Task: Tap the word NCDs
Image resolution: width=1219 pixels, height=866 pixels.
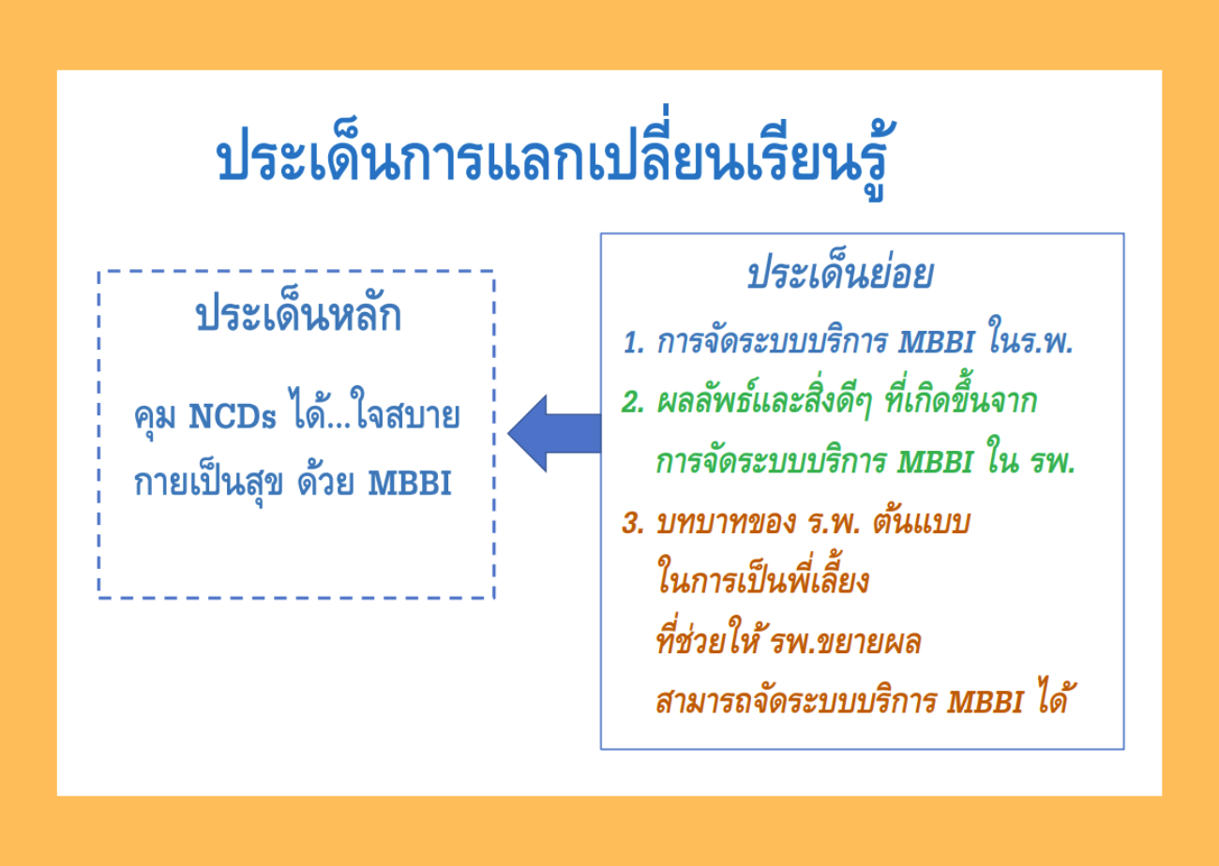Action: pos(233,417)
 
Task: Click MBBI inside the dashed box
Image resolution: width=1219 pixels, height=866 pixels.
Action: pos(410,483)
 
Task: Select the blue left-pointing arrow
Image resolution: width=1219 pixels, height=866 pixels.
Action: pos(554,433)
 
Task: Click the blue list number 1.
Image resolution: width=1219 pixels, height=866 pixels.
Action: pos(633,343)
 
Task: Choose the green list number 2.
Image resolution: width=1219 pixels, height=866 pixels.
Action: pos(633,402)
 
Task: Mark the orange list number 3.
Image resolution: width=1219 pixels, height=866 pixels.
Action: pos(633,523)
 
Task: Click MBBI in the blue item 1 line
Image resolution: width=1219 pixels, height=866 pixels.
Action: pos(936,342)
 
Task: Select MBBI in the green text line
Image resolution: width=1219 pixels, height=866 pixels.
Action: pos(935,462)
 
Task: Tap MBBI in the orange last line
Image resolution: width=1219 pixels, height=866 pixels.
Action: pos(985,702)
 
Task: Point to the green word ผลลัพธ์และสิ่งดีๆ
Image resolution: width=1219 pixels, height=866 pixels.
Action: pos(764,401)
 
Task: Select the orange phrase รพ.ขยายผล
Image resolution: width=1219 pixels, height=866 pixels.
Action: pos(846,642)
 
